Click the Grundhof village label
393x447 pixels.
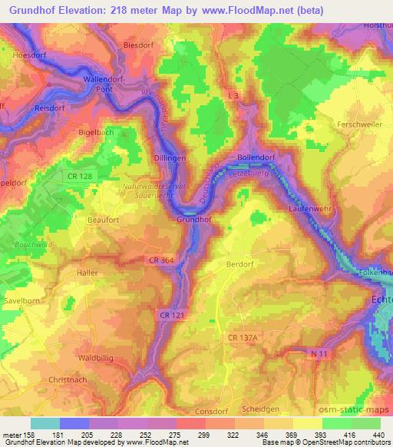pos(194,219)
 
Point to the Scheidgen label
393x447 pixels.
pos(280,409)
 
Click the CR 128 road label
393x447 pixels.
pos(79,176)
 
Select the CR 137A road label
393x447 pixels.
pos(245,336)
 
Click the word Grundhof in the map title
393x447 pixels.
pos(36,10)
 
